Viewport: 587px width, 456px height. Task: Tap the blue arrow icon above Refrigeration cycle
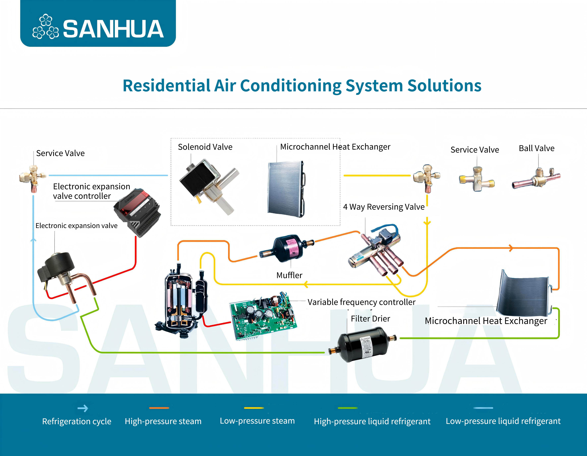coord(83,408)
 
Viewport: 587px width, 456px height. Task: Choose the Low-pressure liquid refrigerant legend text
coord(503,421)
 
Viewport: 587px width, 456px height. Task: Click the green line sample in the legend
coord(348,408)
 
